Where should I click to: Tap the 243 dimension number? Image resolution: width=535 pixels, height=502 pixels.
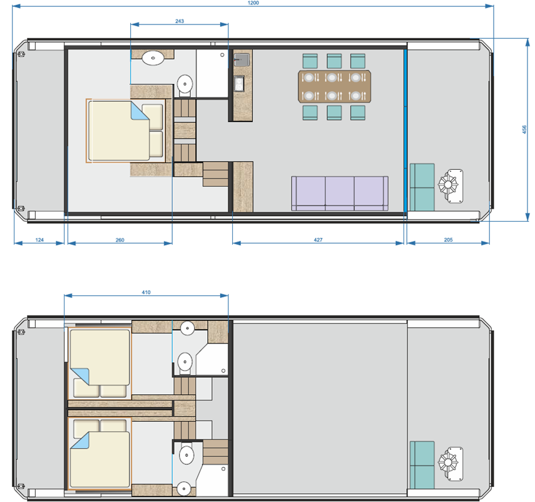(x=179, y=21)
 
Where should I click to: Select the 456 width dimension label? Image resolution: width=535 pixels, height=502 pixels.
(x=524, y=129)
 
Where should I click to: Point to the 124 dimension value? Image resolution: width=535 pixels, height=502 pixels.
(x=39, y=239)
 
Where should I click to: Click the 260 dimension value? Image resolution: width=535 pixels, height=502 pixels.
(x=120, y=239)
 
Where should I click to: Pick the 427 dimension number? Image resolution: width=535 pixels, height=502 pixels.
(x=318, y=239)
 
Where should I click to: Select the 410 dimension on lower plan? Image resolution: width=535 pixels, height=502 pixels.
(x=146, y=291)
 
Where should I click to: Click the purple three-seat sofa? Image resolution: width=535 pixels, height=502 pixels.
(x=339, y=193)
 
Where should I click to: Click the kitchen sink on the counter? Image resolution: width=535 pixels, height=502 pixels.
(x=242, y=60)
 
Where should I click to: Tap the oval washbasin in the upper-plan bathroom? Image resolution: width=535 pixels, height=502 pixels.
(x=153, y=58)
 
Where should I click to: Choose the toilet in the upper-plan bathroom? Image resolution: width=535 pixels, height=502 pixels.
(x=185, y=83)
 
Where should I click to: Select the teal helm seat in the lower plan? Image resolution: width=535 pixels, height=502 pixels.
(x=422, y=464)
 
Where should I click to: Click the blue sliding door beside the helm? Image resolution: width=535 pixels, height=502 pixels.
(x=405, y=130)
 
